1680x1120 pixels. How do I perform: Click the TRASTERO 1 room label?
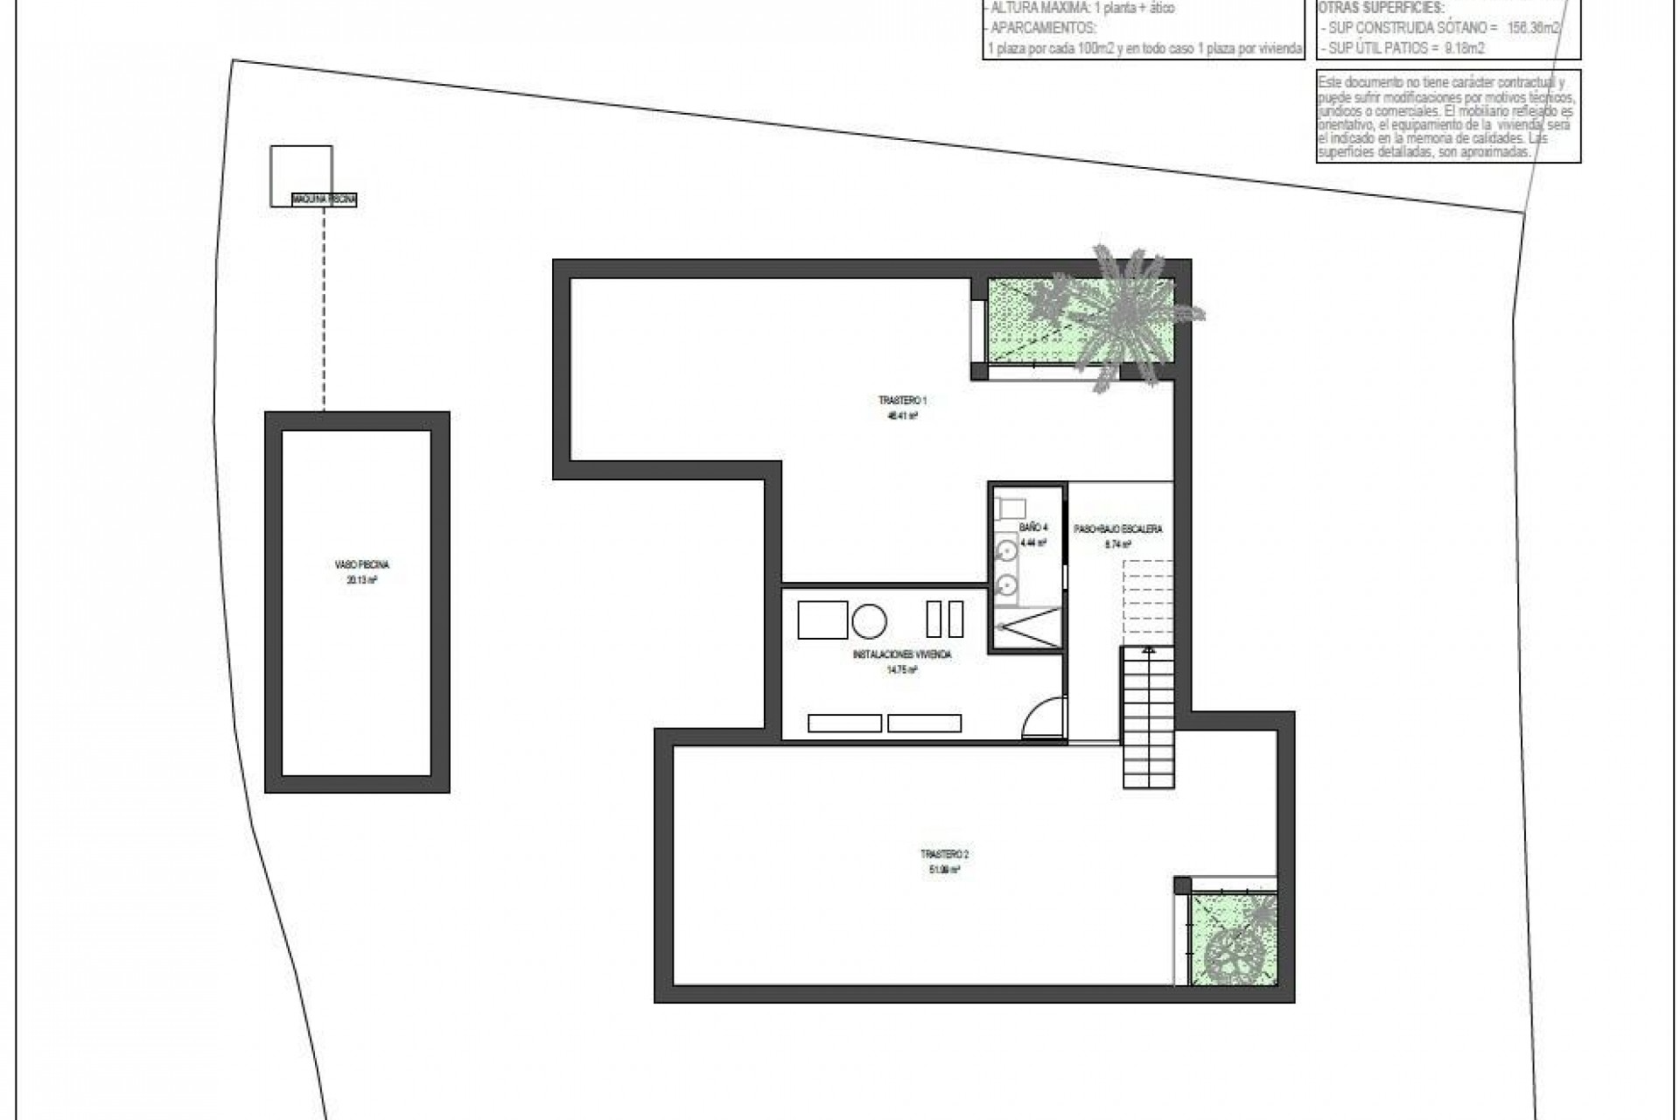pyautogui.click(x=902, y=401)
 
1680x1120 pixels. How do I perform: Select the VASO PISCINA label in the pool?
pyautogui.click(x=356, y=565)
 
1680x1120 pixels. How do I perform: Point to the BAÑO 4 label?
pyautogui.click(x=1032, y=528)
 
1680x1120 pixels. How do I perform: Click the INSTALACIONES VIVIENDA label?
pyautogui.click(x=901, y=654)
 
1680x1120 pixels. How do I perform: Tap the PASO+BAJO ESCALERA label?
pyautogui.click(x=1118, y=528)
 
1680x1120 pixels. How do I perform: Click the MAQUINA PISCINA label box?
pyautogui.click(x=325, y=200)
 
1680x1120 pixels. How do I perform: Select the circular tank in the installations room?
pyautogui.click(x=870, y=620)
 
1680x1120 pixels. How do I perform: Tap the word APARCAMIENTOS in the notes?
pyautogui.click(x=1041, y=26)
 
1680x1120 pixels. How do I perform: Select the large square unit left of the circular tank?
pyautogui.click(x=822, y=619)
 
